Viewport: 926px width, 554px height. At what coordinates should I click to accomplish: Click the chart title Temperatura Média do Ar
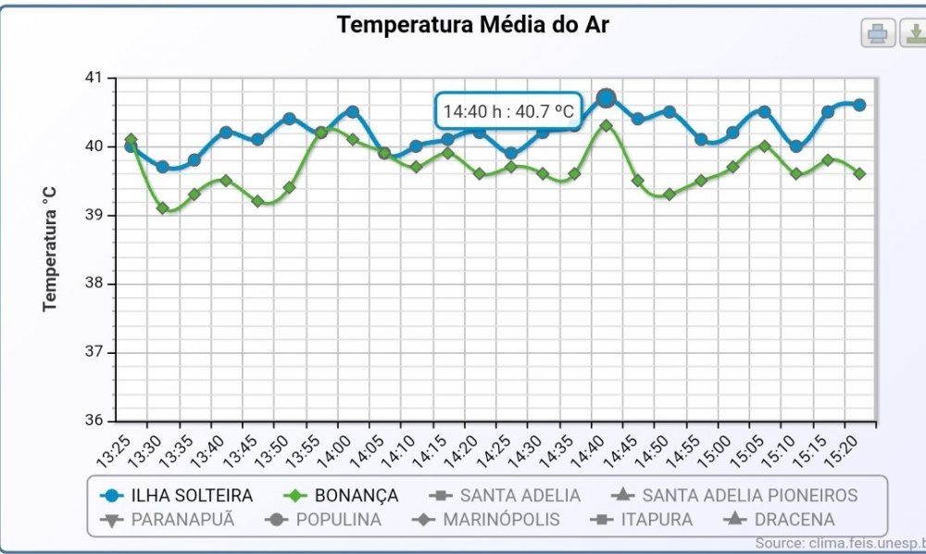pyautogui.click(x=472, y=25)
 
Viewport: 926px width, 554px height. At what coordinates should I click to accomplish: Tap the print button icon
pyautogui.click(x=878, y=33)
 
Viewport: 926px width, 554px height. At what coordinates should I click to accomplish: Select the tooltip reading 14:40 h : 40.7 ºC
pyautogui.click(x=508, y=112)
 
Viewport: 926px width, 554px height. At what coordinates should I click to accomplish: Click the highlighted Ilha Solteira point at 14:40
pyautogui.click(x=607, y=97)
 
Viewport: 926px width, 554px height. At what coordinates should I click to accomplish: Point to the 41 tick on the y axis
pyautogui.click(x=97, y=78)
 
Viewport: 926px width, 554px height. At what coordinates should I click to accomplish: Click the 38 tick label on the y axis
pyautogui.click(x=97, y=283)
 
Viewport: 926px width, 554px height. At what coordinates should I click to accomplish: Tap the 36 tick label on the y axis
pyautogui.click(x=97, y=421)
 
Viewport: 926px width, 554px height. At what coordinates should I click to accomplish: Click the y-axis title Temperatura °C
pyautogui.click(x=50, y=248)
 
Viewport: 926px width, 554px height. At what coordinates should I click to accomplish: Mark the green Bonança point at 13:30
pyautogui.click(x=163, y=208)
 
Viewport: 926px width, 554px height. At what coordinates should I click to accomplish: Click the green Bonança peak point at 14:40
pyautogui.click(x=607, y=125)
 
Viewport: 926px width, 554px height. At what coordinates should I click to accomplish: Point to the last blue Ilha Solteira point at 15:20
pyautogui.click(x=859, y=105)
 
